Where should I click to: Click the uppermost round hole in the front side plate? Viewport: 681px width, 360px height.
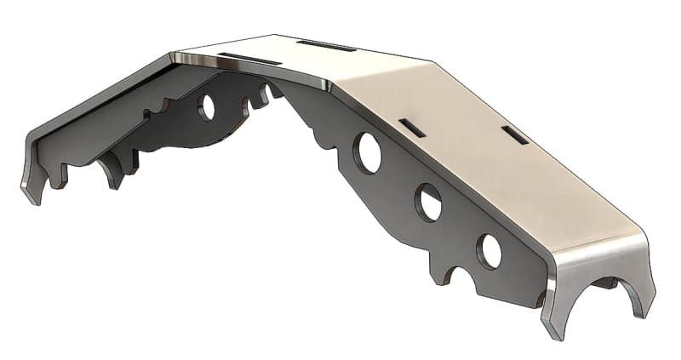[x=369, y=152]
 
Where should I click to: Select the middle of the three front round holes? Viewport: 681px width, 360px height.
[x=428, y=203]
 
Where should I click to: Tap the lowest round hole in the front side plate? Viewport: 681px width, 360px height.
[x=489, y=251]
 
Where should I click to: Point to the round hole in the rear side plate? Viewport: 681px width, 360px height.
[x=206, y=106]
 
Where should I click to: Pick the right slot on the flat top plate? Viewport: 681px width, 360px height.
[x=326, y=45]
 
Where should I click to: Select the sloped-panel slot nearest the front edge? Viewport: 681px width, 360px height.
[x=413, y=128]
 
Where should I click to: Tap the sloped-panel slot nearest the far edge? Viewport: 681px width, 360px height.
[x=514, y=134]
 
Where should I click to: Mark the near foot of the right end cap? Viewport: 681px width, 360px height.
[x=554, y=329]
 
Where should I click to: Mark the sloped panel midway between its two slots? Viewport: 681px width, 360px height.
[x=464, y=131]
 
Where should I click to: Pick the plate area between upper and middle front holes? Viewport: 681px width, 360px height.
[x=398, y=177]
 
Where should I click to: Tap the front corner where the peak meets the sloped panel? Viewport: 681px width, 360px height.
[x=330, y=85]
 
